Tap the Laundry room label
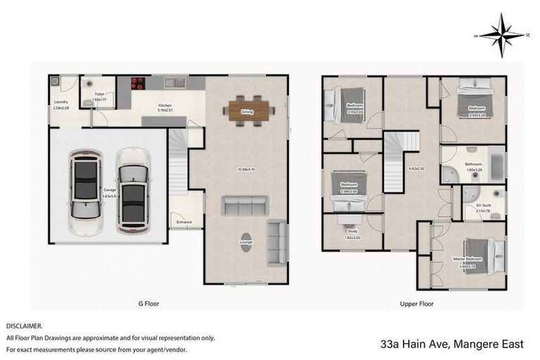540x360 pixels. tap(61, 103)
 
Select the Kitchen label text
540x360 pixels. tap(165, 106)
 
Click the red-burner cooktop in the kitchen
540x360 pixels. tap(139, 83)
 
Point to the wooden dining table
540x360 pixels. tap(247, 110)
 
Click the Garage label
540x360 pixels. tap(110, 190)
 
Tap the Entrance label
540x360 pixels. tap(184, 222)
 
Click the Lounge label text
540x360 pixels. tap(245, 243)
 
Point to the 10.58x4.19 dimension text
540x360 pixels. tap(245, 169)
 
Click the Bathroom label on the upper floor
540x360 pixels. tap(472, 164)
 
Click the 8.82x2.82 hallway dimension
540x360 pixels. tap(417, 169)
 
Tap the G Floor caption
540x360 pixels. tap(148, 304)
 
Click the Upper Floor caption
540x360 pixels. tap(416, 304)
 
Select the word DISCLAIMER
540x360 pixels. tap(24, 326)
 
